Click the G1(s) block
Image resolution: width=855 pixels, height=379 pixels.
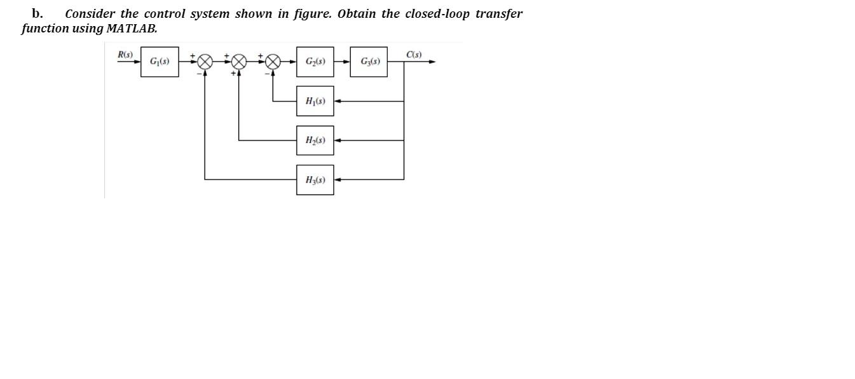coord(160,62)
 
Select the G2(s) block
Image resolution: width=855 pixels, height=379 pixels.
coord(315,62)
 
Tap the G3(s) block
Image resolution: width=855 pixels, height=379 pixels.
coord(369,62)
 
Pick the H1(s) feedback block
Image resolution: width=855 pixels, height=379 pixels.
coord(315,101)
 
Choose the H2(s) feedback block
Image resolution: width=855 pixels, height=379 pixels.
coord(315,141)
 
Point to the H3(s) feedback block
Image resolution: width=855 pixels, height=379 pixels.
coord(315,180)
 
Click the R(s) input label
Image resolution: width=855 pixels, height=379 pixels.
coord(125,55)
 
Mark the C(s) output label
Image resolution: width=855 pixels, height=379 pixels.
coord(414,55)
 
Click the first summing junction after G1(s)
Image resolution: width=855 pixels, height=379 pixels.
coord(205,62)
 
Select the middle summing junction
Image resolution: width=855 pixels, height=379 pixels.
coord(239,62)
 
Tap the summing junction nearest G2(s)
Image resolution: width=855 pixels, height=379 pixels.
coord(273,62)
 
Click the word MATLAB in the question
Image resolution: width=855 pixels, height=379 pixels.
coord(132,29)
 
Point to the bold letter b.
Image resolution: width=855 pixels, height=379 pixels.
coord(37,13)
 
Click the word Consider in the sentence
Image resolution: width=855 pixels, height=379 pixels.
coord(90,13)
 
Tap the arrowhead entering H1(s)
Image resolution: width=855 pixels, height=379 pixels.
coord(338,101)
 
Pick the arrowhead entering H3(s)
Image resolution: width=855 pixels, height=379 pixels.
coord(338,180)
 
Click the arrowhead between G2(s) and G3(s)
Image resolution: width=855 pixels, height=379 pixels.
coord(346,62)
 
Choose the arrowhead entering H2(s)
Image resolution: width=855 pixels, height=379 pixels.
coord(338,141)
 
